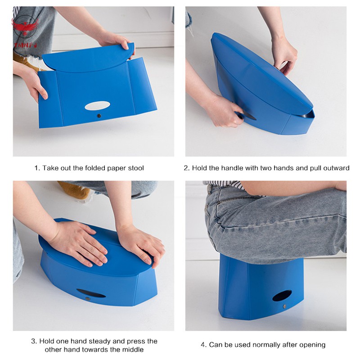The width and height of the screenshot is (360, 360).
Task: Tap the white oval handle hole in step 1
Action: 97,106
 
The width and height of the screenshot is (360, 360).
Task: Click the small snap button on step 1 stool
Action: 99,116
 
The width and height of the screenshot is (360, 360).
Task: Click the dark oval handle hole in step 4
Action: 282,296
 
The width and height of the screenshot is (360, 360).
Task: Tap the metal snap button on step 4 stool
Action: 285,306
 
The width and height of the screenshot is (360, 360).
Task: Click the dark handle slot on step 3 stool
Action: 91,293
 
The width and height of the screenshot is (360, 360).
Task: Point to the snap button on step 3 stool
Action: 87,299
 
